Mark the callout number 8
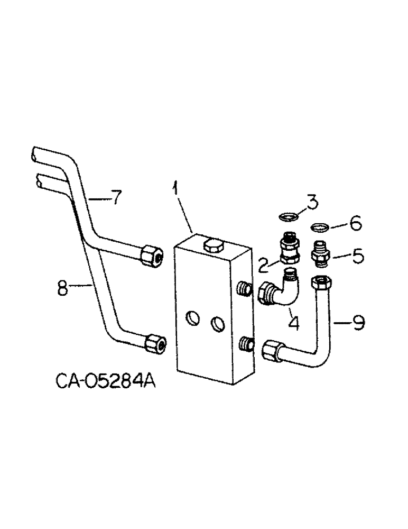(63, 290)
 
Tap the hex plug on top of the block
(213, 244)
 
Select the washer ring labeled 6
(319, 228)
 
